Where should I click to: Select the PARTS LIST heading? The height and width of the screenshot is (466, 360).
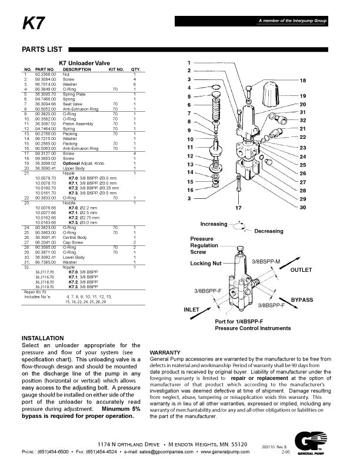pyautogui.click(x=40, y=49)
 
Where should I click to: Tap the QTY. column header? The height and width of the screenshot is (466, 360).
pyautogui.click(x=135, y=69)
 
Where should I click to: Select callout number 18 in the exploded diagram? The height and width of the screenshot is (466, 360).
pyautogui.click(x=303, y=80)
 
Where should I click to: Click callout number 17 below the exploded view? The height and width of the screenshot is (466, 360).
pyautogui.click(x=239, y=208)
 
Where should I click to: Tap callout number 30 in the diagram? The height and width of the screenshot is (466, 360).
pyautogui.click(x=303, y=208)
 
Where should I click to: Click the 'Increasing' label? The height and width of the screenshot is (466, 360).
pyautogui.click(x=214, y=224)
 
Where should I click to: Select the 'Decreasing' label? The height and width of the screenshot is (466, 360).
pyautogui.click(x=269, y=231)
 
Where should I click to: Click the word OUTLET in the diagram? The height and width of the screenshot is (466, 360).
pyautogui.click(x=301, y=269)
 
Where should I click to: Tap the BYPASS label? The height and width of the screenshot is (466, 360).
pyautogui.click(x=302, y=300)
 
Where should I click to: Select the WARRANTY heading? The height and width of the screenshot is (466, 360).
pyautogui.click(x=165, y=352)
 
